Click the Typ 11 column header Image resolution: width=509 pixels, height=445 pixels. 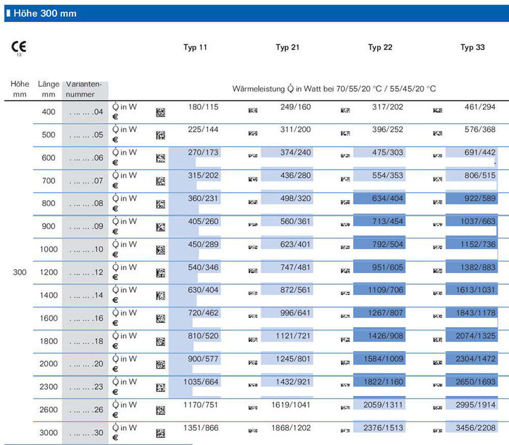[195, 47]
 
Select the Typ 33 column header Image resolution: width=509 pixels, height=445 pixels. [472, 47]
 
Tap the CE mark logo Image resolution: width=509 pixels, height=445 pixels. [18, 47]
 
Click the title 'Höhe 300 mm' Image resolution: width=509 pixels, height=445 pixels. [45, 13]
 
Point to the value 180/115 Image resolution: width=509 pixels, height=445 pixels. [203, 107]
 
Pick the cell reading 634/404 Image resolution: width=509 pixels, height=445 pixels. [387, 198]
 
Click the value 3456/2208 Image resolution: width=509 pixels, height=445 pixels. [475, 428]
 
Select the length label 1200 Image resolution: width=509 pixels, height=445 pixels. [49, 272]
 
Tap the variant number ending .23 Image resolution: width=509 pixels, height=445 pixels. [87, 387]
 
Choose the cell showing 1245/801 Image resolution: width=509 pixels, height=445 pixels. [293, 359]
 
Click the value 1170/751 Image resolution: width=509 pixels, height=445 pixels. [201, 405]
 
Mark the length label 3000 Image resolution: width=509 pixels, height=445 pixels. [49, 433]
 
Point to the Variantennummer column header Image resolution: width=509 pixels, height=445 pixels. [84, 89]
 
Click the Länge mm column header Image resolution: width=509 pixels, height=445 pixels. [49, 89]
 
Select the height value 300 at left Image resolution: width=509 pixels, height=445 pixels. [20, 272]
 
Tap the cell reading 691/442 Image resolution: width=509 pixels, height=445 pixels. [480, 152]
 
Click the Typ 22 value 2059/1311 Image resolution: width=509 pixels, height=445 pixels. [383, 405]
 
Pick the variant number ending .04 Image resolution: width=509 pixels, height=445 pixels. [87, 112]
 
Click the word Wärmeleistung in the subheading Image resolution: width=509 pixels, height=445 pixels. [259, 89]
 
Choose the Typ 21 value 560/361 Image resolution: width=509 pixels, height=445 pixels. [295, 221]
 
